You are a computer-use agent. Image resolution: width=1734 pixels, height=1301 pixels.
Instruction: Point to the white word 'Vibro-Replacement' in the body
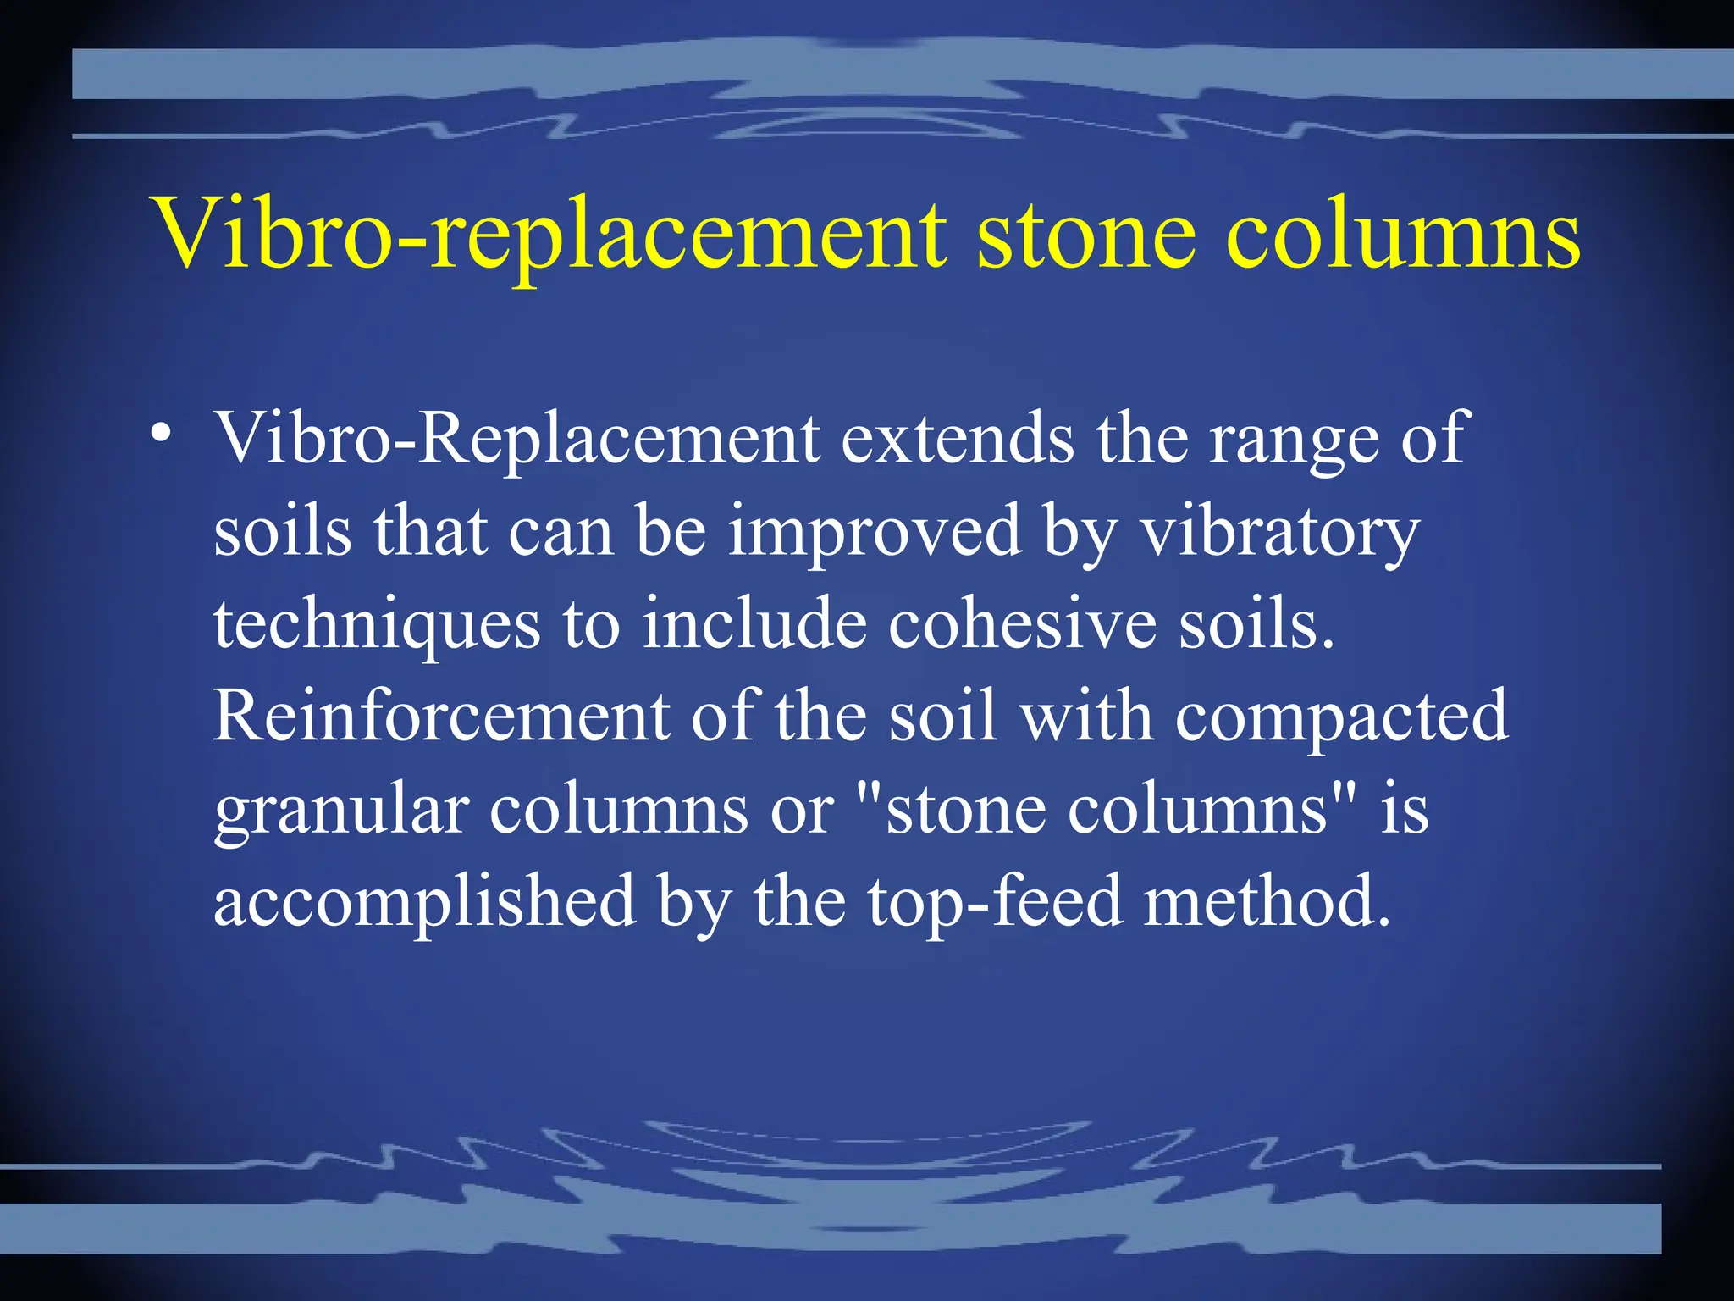(516, 439)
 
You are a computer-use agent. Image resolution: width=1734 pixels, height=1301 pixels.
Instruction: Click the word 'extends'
(957, 439)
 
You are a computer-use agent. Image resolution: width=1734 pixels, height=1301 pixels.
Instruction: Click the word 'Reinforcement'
(441, 716)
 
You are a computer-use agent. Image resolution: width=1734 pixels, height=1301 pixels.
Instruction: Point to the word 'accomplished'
(424, 903)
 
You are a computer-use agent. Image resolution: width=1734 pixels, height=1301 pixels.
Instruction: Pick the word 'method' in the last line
(1266, 901)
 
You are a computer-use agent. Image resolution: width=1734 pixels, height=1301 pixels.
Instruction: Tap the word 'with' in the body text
(1086, 716)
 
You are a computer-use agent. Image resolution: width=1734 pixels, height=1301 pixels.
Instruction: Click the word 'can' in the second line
(561, 532)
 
